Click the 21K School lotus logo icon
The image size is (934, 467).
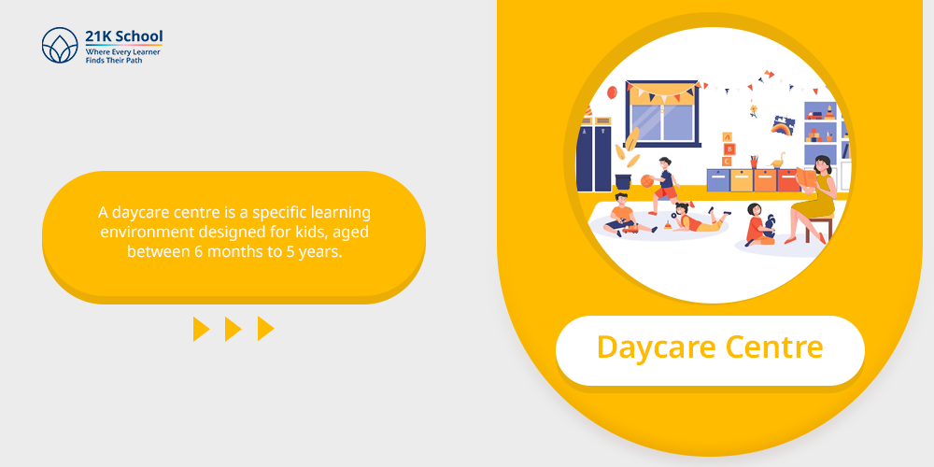click(x=60, y=45)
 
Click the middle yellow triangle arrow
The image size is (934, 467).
click(x=233, y=329)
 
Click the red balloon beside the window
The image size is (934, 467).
click(x=612, y=92)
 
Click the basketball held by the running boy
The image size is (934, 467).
click(x=647, y=180)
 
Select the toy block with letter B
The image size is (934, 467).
click(x=729, y=149)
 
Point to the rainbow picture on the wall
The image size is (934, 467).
click(x=782, y=124)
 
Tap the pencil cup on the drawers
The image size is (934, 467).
click(x=754, y=162)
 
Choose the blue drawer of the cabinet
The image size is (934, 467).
click(x=717, y=180)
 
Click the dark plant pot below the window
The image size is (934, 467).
click(x=623, y=182)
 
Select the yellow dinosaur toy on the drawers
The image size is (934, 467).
click(x=777, y=162)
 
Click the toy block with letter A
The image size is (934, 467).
click(x=727, y=137)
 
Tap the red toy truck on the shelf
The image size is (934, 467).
click(x=829, y=114)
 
